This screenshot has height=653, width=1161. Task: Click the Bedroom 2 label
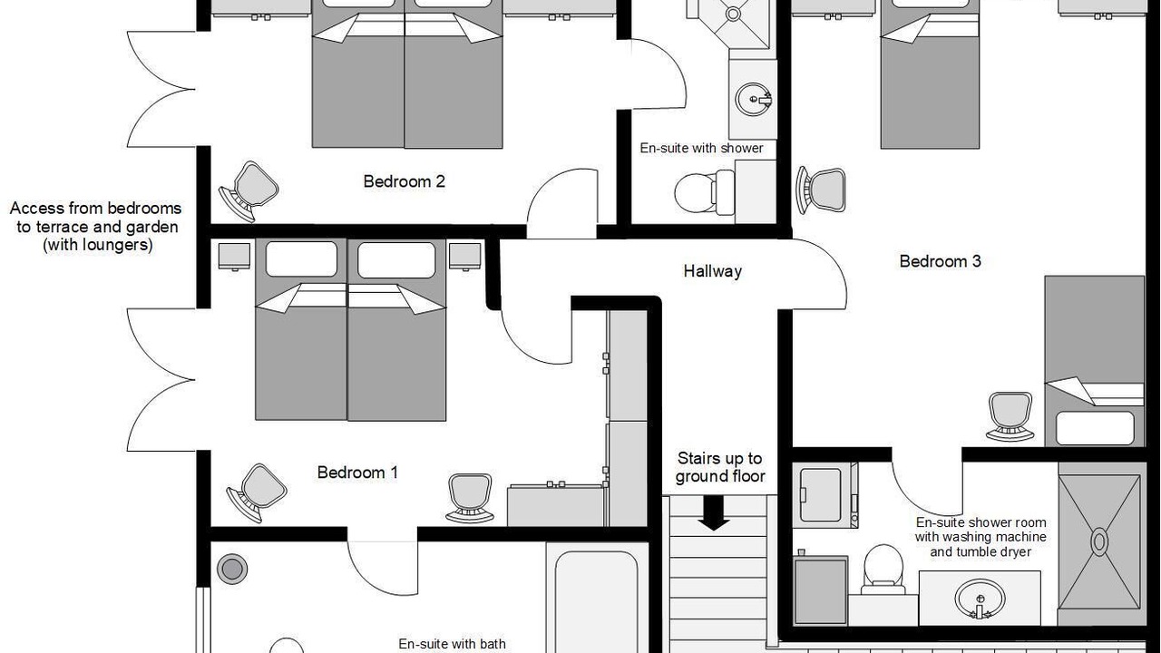coord(404,181)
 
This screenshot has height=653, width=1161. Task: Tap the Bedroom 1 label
coord(357,473)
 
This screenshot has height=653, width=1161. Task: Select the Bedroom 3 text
coord(940,261)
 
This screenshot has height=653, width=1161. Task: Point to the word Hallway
coord(712,271)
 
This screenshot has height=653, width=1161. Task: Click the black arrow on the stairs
coord(714,513)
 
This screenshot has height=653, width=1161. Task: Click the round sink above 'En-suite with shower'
coord(753,99)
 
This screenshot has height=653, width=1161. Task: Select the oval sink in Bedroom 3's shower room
coord(980,599)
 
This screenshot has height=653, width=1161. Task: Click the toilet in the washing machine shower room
coord(883,569)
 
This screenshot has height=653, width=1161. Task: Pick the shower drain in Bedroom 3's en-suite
coord(1099,542)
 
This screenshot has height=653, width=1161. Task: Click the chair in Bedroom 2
coord(249,191)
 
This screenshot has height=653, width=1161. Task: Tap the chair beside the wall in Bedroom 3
coord(821,190)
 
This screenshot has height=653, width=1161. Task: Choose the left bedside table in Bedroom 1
coord(234,257)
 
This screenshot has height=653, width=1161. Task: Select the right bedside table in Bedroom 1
coord(465,257)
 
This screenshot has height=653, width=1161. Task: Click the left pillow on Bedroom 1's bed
coord(301,258)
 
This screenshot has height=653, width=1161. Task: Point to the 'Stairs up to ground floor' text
coord(720,467)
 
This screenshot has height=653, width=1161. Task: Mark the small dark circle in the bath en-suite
coord(231,569)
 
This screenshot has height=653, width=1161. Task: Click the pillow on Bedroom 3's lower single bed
coord(1095,428)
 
